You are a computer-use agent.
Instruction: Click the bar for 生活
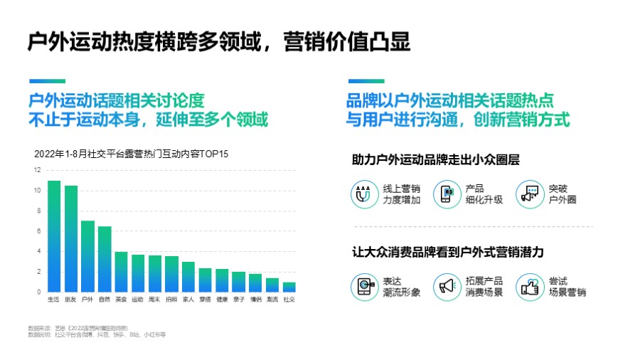54,236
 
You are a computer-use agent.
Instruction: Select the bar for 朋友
71,238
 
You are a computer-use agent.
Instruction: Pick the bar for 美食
122,272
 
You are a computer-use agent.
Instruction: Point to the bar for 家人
188,277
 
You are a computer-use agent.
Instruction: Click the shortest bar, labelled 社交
289,287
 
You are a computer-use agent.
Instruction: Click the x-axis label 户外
87,300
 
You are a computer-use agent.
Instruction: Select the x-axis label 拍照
171,300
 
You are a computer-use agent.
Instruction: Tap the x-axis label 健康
222,300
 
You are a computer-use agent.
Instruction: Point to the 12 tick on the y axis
38,170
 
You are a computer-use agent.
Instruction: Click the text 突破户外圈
562,194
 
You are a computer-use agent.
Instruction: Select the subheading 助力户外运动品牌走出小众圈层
435,160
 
